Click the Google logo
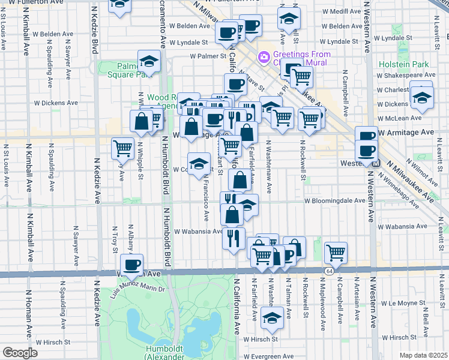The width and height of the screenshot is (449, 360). [19, 353]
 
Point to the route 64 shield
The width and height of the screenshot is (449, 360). [330, 272]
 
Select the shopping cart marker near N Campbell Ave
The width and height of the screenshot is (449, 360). [336, 253]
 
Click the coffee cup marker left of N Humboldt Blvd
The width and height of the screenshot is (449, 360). [132, 264]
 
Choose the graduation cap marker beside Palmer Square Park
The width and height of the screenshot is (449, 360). [149, 61]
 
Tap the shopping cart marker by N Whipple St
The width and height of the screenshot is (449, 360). [123, 148]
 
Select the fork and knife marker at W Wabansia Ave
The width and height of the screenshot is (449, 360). [234, 237]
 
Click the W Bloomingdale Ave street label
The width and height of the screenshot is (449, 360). [334, 201]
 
